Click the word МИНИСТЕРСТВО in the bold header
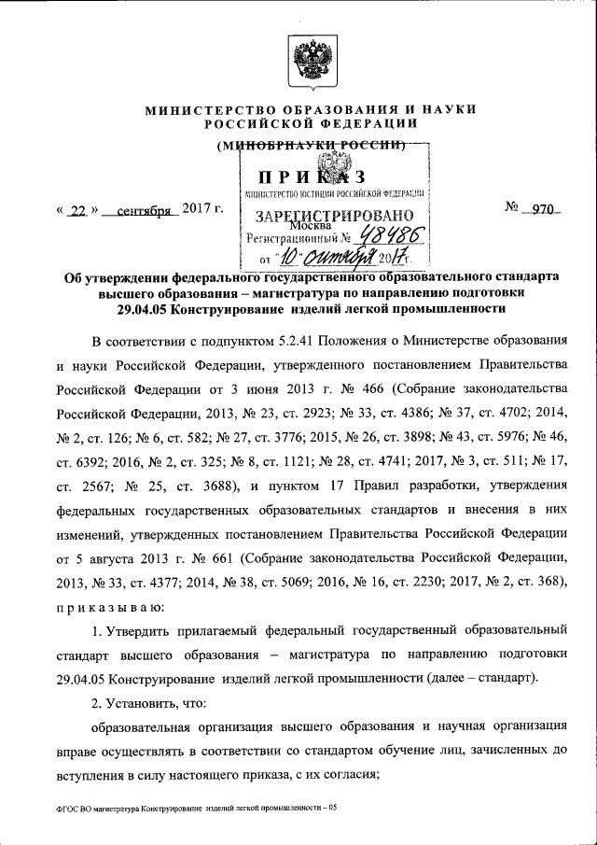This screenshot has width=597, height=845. pyautogui.click(x=206, y=110)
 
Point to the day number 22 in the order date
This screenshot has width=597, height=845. pyautogui.click(x=76, y=211)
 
